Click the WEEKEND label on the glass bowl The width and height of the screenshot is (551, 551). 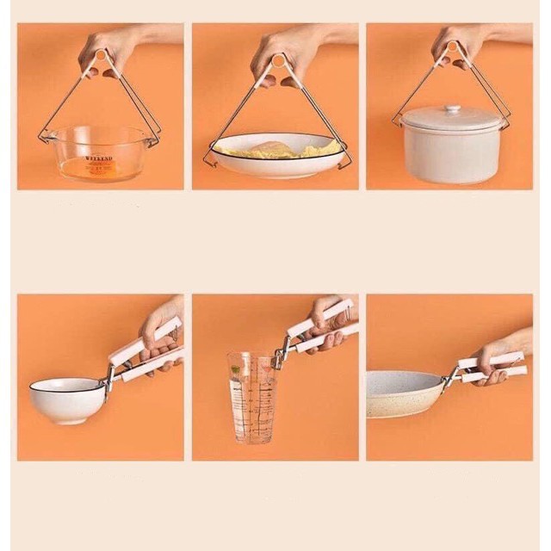click(99, 159)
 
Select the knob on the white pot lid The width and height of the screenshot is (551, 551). click(451, 110)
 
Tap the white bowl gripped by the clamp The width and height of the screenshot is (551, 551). click(66, 399)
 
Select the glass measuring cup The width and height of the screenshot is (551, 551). click(251, 396)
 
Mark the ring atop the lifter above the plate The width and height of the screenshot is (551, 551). click(277, 59)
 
